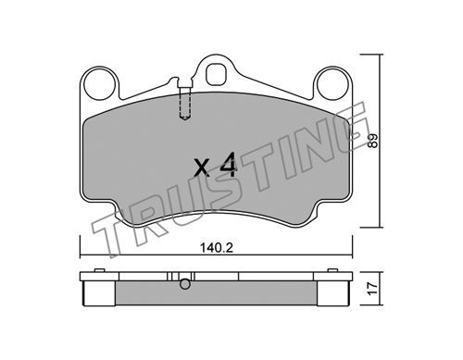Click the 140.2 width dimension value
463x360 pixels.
[x=217, y=247]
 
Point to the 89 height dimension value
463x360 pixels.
[x=373, y=141]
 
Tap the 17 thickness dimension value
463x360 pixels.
[x=373, y=289]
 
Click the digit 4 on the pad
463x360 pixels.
[x=228, y=165]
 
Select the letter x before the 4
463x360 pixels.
[x=203, y=168]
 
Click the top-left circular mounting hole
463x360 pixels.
[x=99, y=84]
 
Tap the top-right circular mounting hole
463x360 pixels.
[x=332, y=84]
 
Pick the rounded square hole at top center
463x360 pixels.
[x=217, y=74]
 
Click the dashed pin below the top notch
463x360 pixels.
[x=184, y=103]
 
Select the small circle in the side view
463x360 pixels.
[x=185, y=284]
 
